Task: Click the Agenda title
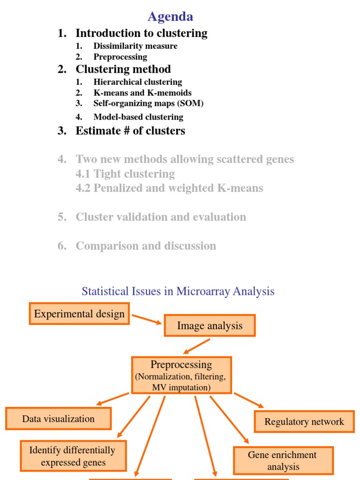(x=170, y=17)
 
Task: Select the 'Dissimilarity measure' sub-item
(x=135, y=46)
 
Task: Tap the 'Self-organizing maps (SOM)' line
(x=148, y=103)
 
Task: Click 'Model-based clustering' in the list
(x=138, y=117)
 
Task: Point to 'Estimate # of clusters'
(x=130, y=131)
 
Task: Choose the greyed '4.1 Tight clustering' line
(x=125, y=174)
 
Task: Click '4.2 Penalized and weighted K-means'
(x=169, y=188)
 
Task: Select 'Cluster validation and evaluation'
(x=161, y=217)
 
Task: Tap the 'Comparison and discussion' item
(x=146, y=246)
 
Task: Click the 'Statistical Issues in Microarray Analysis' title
(x=178, y=291)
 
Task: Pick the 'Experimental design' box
(x=79, y=314)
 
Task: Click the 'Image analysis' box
(x=210, y=326)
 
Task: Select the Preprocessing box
(x=181, y=375)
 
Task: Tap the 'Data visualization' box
(x=58, y=419)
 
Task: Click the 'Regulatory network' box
(x=304, y=421)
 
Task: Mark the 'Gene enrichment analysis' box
(x=283, y=460)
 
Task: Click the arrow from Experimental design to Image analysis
(x=147, y=319)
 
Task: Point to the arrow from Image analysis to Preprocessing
(x=197, y=346)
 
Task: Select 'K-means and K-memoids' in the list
(x=142, y=93)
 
